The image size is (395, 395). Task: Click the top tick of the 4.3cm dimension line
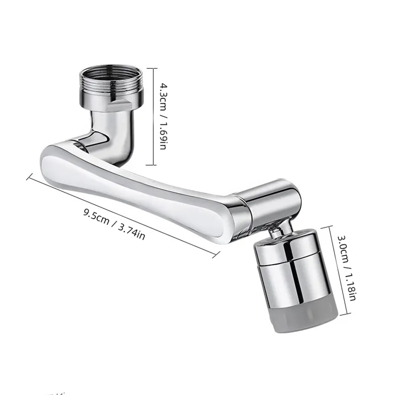pyautogui.click(x=150, y=68)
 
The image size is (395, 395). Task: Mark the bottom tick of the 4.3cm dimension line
pyautogui.click(x=150, y=165)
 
